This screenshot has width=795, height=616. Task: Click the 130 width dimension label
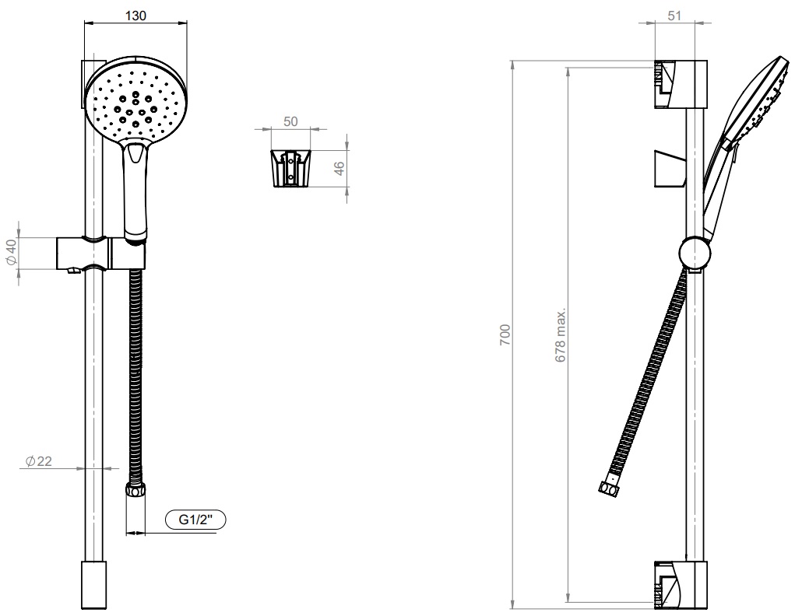click(x=135, y=16)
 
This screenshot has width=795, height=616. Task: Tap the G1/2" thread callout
click(x=195, y=520)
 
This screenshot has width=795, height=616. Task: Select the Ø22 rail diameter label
click(x=38, y=461)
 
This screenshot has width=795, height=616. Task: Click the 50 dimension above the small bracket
click(x=290, y=121)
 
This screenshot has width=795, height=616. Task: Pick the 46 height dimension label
click(x=339, y=168)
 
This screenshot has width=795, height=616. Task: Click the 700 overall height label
click(x=505, y=335)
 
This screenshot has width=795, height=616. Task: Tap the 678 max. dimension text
click(x=561, y=335)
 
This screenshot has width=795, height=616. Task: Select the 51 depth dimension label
click(x=674, y=16)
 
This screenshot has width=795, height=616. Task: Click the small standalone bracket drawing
click(x=290, y=169)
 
